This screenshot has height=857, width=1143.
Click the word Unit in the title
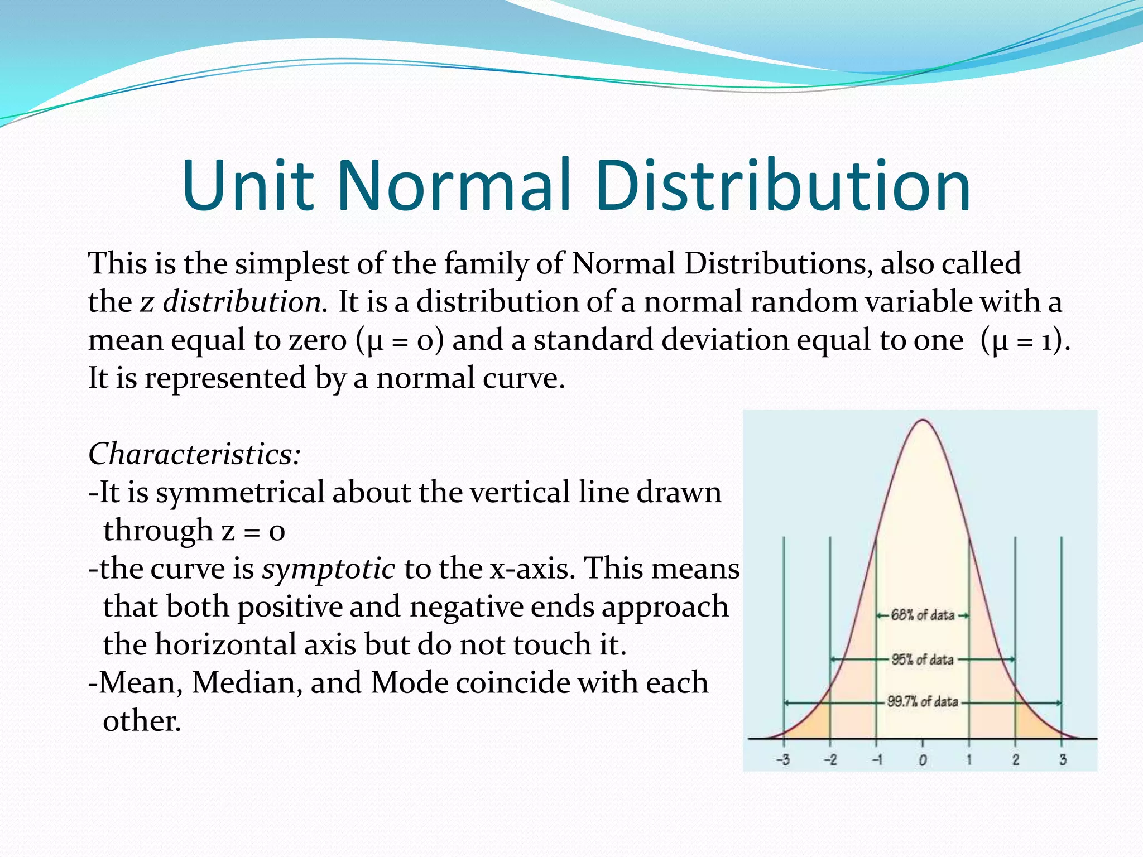pyautogui.click(x=248, y=185)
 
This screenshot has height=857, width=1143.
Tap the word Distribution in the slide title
pyautogui.click(x=782, y=185)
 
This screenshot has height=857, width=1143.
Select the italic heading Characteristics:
pyautogui.click(x=195, y=454)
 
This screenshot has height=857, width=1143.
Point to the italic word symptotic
pyautogui.click(x=329, y=569)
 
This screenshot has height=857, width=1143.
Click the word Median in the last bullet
pyautogui.click(x=247, y=682)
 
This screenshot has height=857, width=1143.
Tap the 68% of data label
pyautogui.click(x=923, y=615)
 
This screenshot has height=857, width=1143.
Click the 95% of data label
pyautogui.click(x=923, y=659)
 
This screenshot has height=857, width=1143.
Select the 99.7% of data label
pyautogui.click(x=923, y=702)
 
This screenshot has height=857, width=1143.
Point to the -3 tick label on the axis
pyautogui.click(x=783, y=760)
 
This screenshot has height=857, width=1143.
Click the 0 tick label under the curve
pyautogui.click(x=923, y=760)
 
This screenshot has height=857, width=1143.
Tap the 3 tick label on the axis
pyautogui.click(x=1063, y=760)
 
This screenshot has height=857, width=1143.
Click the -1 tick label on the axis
pyautogui.click(x=877, y=760)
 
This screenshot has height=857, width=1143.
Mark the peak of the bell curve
pyautogui.click(x=923, y=421)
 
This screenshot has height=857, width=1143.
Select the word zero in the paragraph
pyautogui.click(x=318, y=340)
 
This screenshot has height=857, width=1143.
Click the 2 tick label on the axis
pyautogui.click(x=1016, y=760)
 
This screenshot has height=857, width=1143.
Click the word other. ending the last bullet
pyautogui.click(x=142, y=721)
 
